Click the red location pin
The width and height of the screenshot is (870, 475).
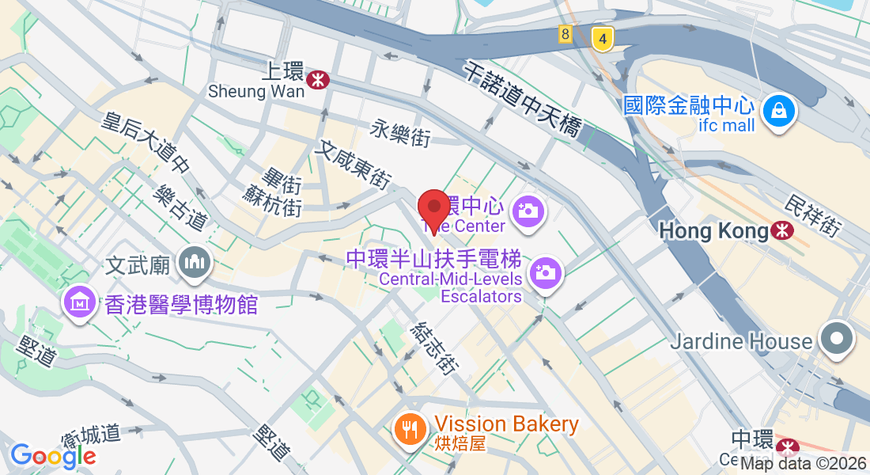pos(433,209)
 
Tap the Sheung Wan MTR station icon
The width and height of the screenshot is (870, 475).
pos(318,78)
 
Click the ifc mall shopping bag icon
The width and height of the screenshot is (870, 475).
pos(778,109)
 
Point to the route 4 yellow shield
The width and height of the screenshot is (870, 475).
pos(603,38)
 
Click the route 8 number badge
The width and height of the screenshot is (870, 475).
pos(565,34)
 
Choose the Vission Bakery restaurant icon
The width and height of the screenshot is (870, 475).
pos(409,430)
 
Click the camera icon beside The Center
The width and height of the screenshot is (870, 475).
pos(527,210)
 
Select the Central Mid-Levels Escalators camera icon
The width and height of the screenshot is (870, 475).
pos(545,272)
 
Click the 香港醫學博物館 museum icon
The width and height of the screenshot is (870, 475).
pos(80,302)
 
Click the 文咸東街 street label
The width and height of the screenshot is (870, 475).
pos(354,165)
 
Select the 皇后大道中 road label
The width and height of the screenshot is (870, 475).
pos(147,142)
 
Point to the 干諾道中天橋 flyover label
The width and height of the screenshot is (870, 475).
pos(524,98)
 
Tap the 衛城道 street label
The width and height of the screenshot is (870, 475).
pos(91,435)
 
